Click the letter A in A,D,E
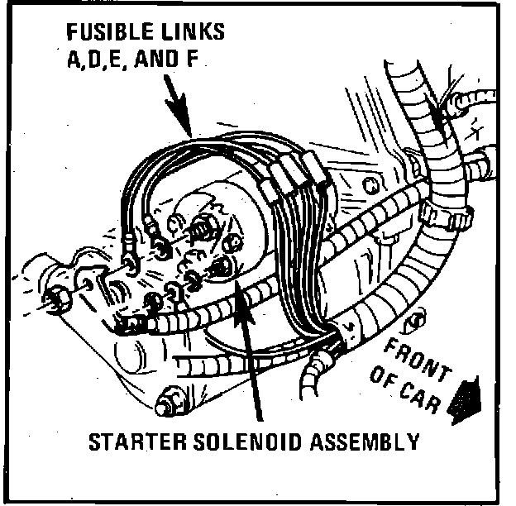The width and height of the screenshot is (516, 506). pyautogui.click(x=73, y=61)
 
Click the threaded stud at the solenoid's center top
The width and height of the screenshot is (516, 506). pyautogui.click(x=201, y=226)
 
